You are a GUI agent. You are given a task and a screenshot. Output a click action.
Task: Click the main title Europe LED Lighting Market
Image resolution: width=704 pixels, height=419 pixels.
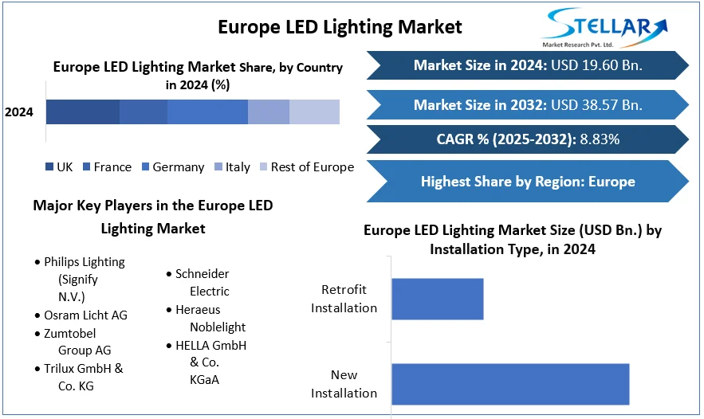pyautogui.click(x=340, y=26)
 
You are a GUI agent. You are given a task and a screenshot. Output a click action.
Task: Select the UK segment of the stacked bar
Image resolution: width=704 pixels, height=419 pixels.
pyautogui.click(x=83, y=112)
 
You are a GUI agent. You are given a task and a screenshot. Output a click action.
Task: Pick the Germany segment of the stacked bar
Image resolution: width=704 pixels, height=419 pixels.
pyautogui.click(x=207, y=112)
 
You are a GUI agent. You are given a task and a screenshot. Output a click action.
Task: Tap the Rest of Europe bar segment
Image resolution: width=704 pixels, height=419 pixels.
pyautogui.click(x=314, y=112)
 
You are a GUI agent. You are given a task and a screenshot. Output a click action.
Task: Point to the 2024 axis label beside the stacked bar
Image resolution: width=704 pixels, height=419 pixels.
pyautogui.click(x=19, y=112)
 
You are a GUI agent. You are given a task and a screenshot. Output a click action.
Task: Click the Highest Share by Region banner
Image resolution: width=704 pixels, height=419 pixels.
pyautogui.click(x=528, y=182)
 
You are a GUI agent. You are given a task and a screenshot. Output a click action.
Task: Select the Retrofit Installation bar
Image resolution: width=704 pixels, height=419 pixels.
pyautogui.click(x=437, y=299)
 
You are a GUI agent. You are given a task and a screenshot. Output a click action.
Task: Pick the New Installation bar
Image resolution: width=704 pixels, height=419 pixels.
pyautogui.click(x=510, y=384)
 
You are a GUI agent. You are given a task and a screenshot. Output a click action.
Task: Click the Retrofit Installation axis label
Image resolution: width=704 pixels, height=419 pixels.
pyautogui.click(x=344, y=299)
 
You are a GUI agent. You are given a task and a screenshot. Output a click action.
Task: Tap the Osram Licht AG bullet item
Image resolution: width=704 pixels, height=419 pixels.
pyautogui.click(x=85, y=315)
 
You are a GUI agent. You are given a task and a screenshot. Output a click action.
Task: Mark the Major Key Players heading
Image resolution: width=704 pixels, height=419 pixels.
pyautogui.click(x=153, y=217)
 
